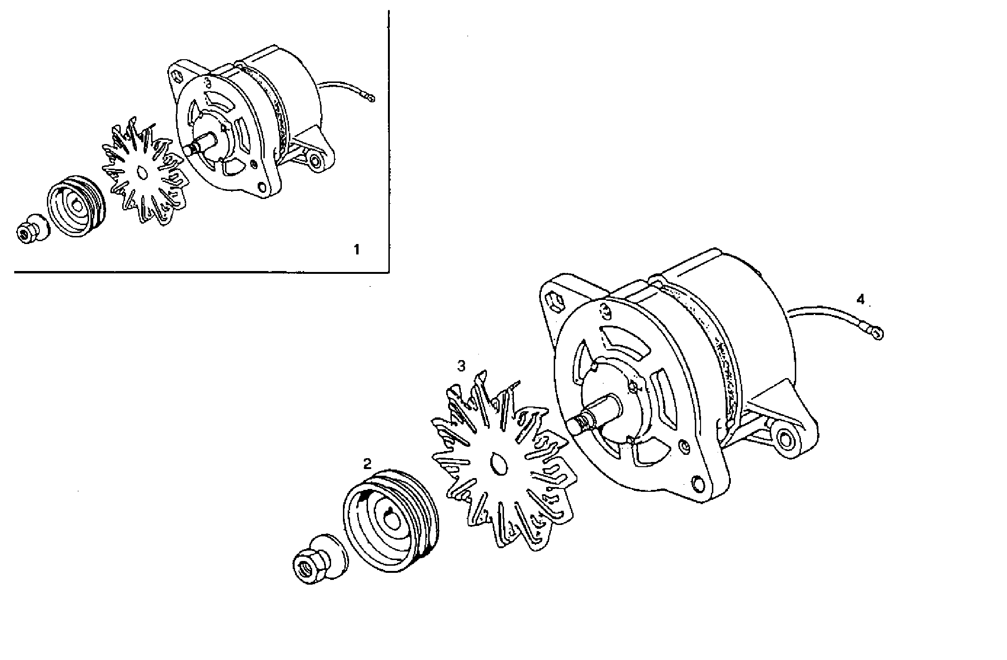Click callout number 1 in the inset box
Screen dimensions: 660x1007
tap(357, 249)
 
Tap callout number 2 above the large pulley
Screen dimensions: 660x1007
tap(367, 463)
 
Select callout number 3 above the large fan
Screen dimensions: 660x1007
tap(461, 366)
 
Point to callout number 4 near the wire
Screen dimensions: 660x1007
tap(860, 299)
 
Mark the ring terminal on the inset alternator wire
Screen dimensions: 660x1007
tap(371, 99)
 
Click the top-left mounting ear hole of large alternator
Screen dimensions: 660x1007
tap(555, 301)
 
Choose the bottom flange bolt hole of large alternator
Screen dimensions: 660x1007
tap(698, 484)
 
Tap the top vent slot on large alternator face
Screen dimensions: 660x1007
tap(624, 339)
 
